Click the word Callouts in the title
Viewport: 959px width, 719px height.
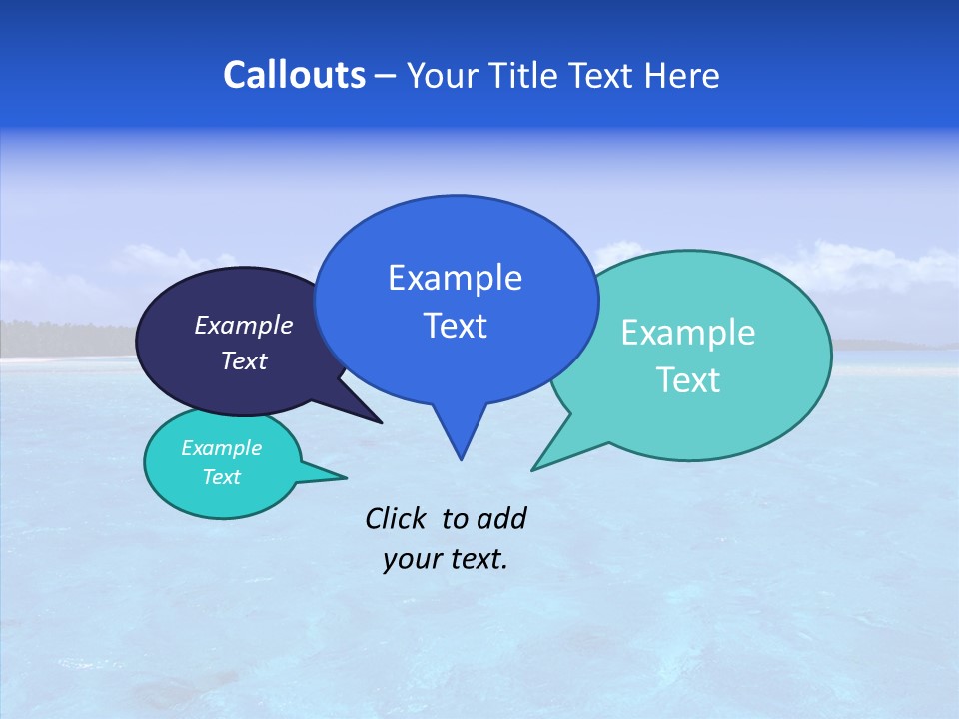294,75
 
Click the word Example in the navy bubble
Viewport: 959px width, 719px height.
244,325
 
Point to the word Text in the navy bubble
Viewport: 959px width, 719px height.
244,360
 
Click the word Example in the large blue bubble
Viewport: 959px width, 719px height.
455,278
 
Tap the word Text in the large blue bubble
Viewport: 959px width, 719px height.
455,326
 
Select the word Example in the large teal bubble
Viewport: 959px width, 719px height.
688,333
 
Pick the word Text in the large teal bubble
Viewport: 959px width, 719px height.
688,380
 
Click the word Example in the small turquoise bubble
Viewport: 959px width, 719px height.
221,448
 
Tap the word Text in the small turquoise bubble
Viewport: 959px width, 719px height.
221,477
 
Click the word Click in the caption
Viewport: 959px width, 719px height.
396,518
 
